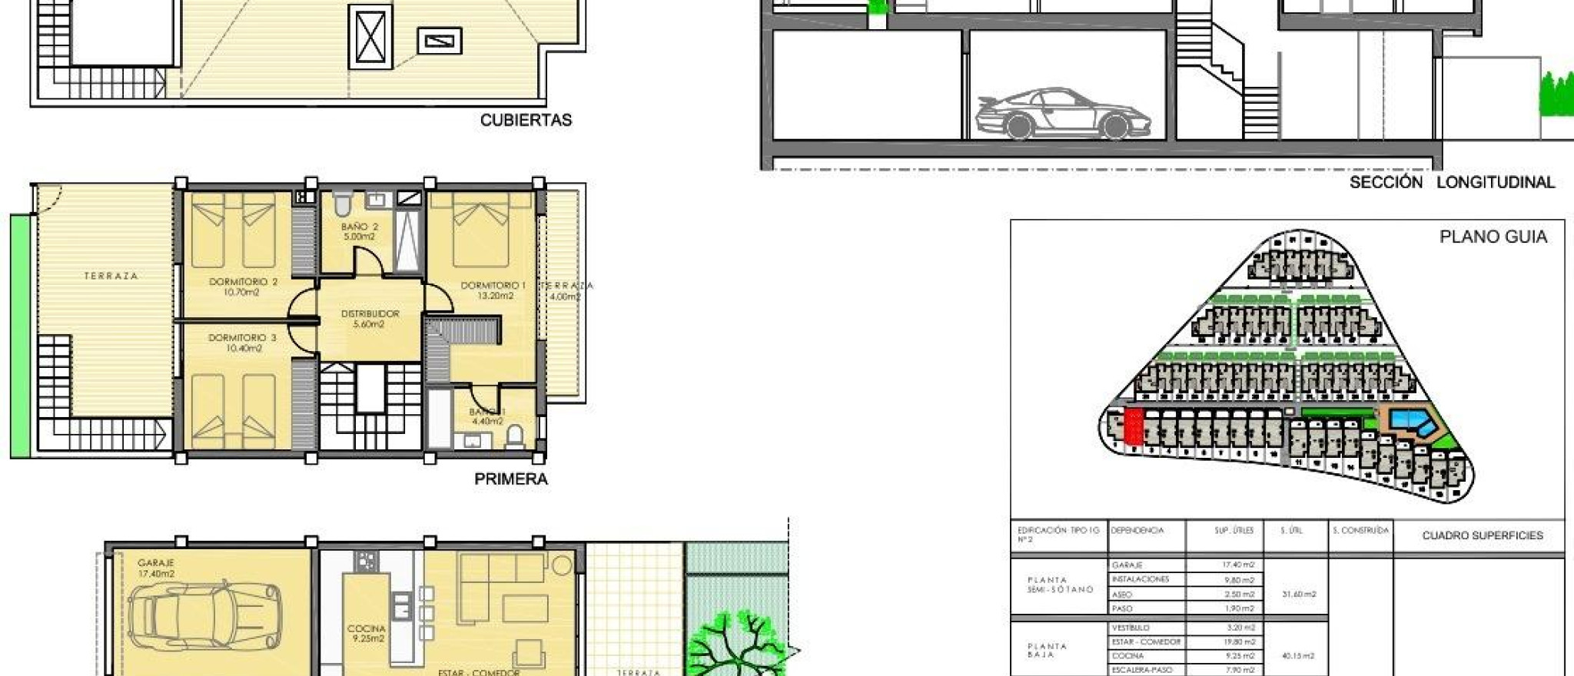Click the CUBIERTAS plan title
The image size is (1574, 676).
526,121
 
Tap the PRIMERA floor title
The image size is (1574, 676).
511,479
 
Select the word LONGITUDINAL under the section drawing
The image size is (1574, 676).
1496,183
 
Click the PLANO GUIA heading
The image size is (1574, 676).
1493,237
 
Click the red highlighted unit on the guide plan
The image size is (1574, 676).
1133,426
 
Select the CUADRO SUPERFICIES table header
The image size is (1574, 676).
1482,535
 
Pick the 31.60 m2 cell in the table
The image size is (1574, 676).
1299,594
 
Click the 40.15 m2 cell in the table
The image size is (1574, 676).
1299,656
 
